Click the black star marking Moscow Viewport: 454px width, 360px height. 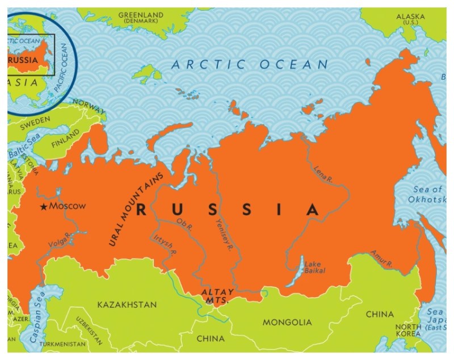44,207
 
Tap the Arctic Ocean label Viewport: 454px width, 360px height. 250,65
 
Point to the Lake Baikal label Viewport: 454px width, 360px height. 315,268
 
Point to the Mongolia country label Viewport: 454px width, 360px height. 287,323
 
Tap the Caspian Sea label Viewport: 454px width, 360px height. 37,324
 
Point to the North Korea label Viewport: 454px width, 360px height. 409,331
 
